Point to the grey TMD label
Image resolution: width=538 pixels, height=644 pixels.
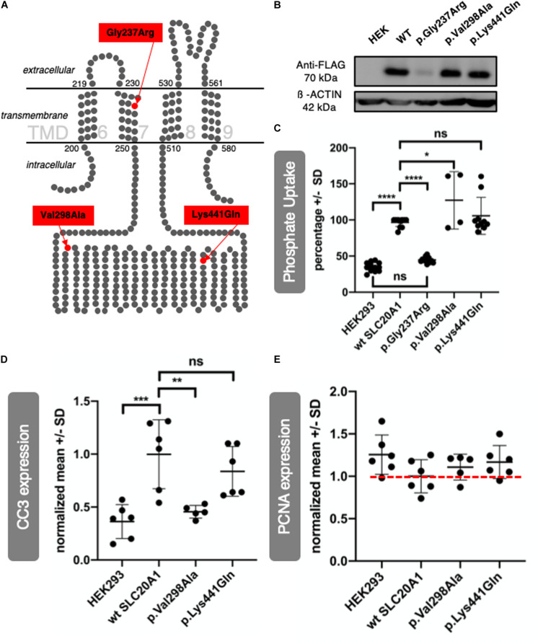50,132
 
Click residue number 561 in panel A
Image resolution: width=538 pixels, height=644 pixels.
216,84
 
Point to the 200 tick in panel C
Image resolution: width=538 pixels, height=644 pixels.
350,148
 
